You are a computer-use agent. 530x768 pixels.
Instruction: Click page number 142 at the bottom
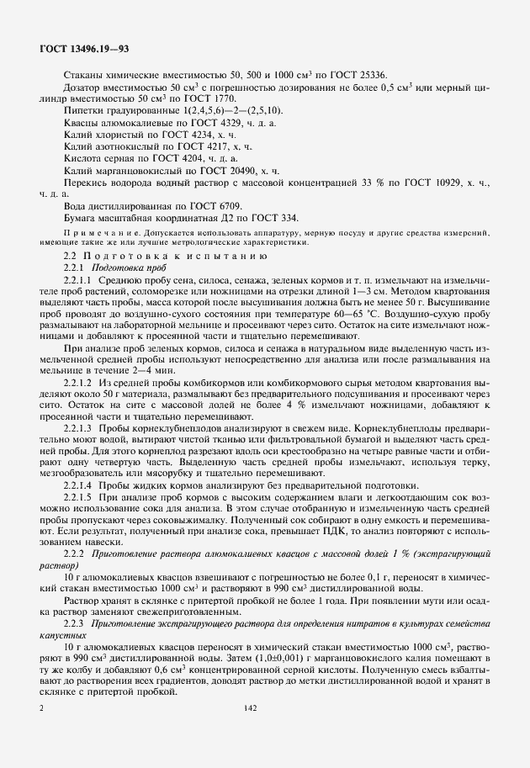(x=249, y=708)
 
